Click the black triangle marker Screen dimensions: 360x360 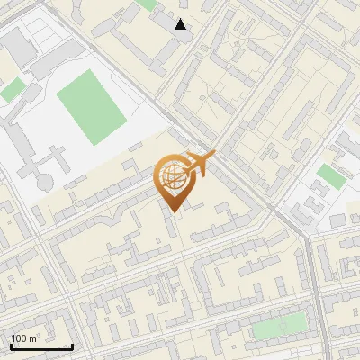coord(181,24)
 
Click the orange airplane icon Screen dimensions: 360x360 coord(199,164)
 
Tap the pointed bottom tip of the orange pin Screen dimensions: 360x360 coord(172,211)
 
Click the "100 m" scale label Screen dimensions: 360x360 coord(23,338)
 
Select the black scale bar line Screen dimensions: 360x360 coord(41,347)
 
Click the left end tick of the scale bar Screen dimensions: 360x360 coord(11,346)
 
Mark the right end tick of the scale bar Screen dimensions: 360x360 coord(72,346)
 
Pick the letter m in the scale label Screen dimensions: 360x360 coord(32,338)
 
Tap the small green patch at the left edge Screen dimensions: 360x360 coord(11,89)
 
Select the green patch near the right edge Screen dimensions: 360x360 coord(330,175)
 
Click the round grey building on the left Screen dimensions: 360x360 coord(44,183)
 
